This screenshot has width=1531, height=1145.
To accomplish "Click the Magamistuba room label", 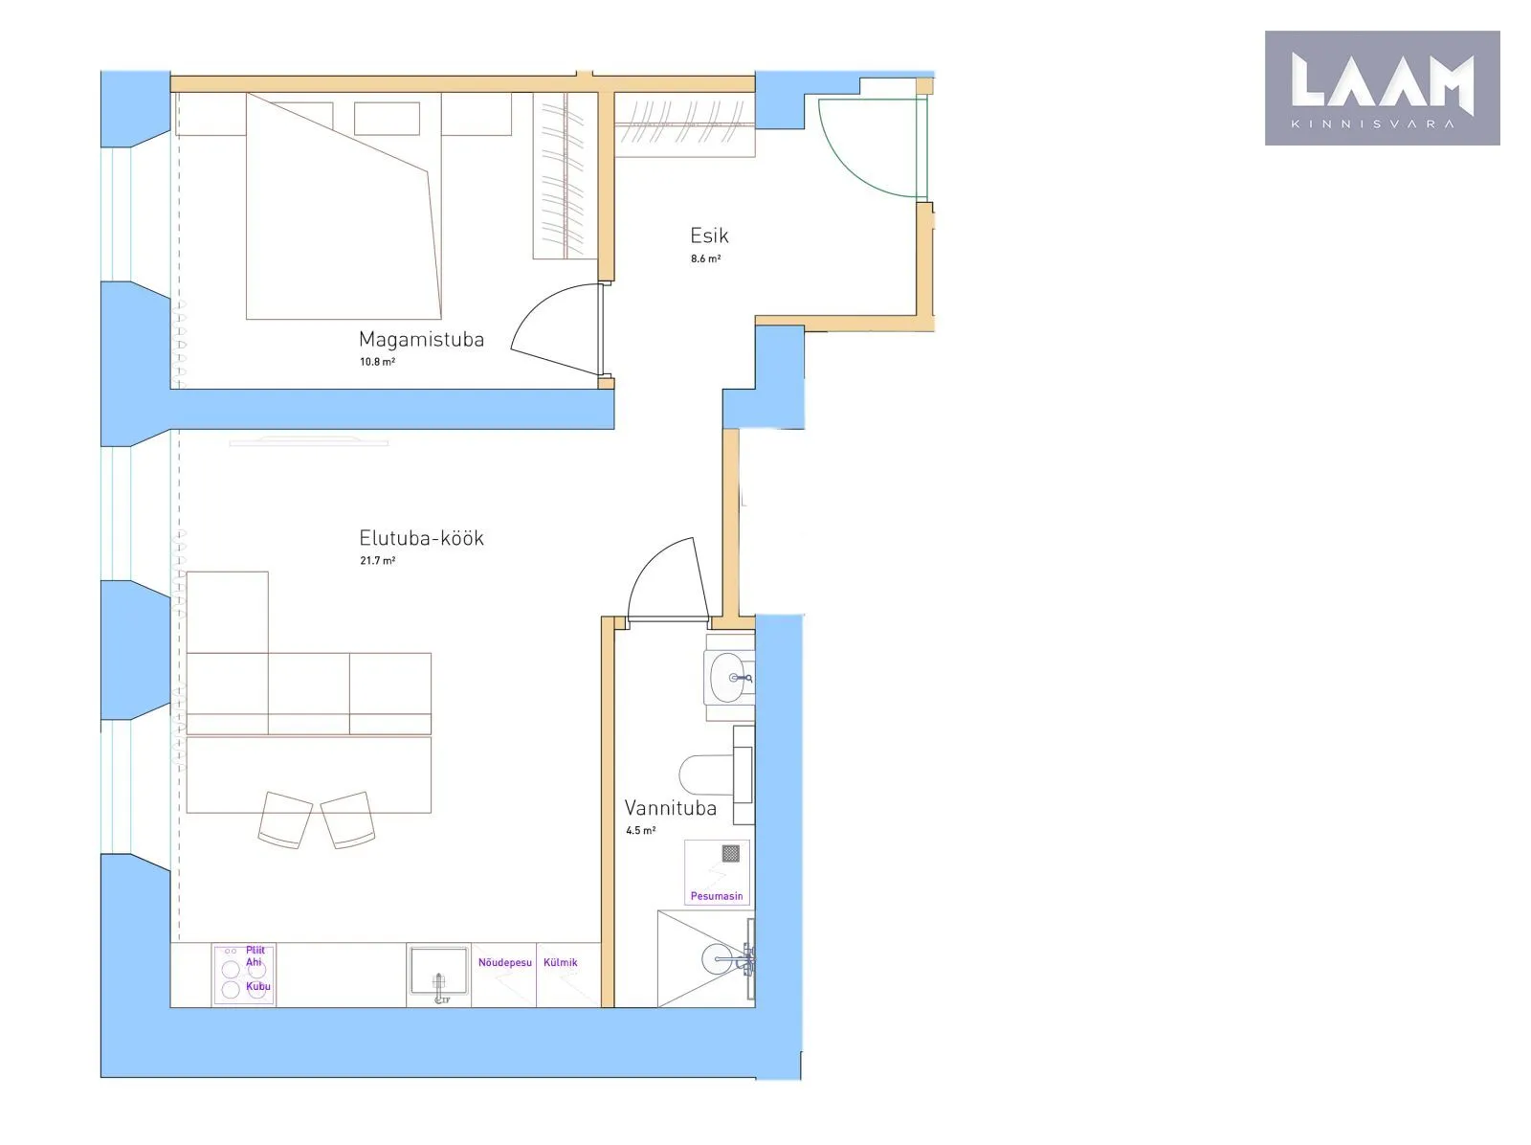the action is [421, 339].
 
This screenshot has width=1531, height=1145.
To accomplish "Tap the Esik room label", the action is [709, 236].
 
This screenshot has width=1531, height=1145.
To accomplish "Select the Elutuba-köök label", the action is [421, 538].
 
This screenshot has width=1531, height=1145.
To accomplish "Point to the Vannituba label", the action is [670, 808].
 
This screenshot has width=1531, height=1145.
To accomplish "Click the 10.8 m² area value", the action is [377, 362].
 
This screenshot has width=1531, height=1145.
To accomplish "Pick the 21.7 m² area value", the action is [377, 560].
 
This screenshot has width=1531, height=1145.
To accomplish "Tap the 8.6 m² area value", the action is [705, 258].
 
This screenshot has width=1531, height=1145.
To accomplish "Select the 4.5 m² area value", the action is [640, 830].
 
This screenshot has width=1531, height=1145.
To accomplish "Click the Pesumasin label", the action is [717, 896].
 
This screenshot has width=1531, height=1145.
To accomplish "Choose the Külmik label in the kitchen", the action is [560, 962].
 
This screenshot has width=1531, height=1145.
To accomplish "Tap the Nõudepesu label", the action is [505, 962].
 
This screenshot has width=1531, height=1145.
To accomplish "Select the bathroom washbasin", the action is [730, 677].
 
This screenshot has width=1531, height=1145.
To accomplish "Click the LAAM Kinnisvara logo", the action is [1382, 88].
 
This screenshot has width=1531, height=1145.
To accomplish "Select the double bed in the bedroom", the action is [344, 207].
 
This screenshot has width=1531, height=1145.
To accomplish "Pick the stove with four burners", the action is [243, 975].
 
